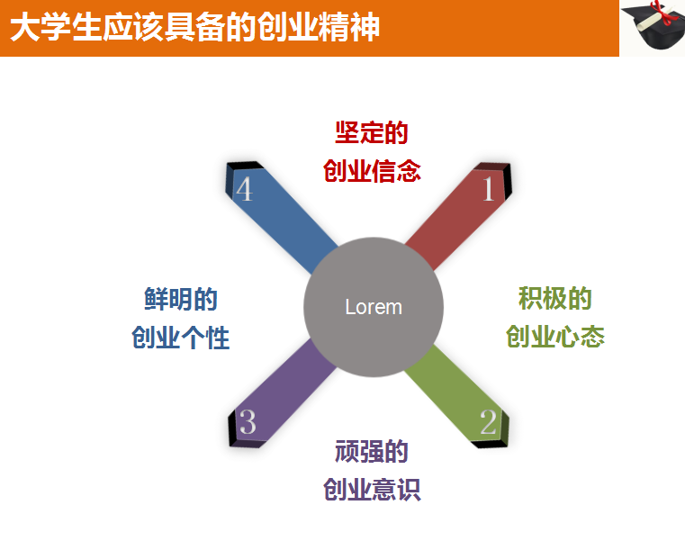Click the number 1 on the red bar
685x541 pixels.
(x=488, y=189)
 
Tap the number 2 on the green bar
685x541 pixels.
(x=488, y=421)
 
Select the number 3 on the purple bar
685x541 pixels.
(x=248, y=421)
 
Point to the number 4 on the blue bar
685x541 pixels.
(x=244, y=190)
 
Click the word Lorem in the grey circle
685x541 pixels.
(x=374, y=307)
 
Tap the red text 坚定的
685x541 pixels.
(x=372, y=133)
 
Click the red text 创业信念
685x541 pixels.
(x=372, y=171)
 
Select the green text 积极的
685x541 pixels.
(x=554, y=298)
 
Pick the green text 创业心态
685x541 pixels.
(x=554, y=337)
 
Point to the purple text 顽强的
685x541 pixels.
(x=372, y=451)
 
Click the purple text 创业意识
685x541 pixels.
(x=372, y=490)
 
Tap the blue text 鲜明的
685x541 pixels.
(x=181, y=299)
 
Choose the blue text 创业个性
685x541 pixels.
(x=181, y=338)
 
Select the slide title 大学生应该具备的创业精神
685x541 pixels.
(x=194, y=28)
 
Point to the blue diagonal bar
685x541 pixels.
(x=288, y=225)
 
